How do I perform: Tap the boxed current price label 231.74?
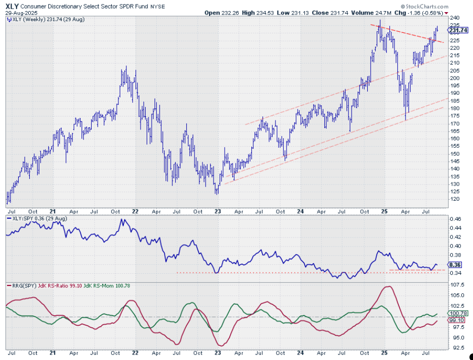(455, 30)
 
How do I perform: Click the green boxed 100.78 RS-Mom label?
(455, 313)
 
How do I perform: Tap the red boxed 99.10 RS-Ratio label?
(455, 320)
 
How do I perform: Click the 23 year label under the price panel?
(217, 212)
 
